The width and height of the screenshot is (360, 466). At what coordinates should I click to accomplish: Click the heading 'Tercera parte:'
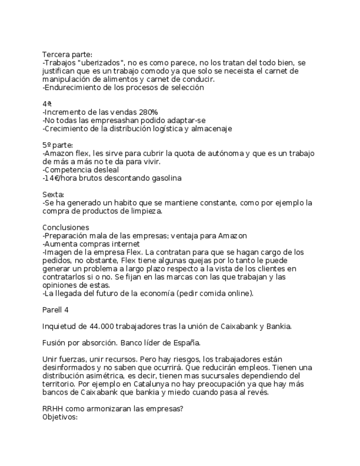pos(68,54)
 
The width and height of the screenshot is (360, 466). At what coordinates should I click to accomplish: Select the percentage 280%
pos(145,112)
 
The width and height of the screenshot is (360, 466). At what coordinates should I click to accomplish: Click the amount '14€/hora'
pos(60,178)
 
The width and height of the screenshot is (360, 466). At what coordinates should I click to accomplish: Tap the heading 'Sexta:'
pos(53,195)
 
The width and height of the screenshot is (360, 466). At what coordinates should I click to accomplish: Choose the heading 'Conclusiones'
pos(65,228)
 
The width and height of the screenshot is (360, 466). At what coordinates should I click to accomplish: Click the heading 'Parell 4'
pos(56,310)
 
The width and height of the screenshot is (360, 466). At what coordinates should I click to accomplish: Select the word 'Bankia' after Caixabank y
pos(278,326)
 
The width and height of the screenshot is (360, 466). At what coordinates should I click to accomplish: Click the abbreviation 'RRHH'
pos(53,409)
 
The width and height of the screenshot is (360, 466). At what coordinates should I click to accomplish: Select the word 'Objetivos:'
pos(60,417)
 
